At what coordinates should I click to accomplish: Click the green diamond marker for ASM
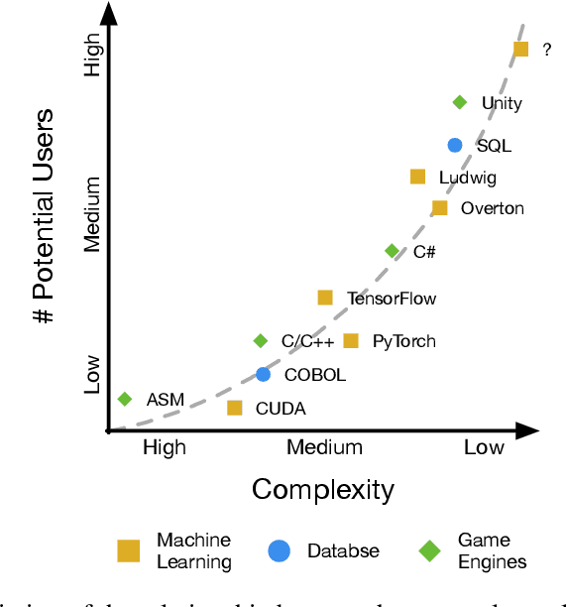(x=125, y=399)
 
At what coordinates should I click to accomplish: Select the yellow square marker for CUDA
(x=235, y=408)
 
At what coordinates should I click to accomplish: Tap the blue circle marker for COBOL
(x=263, y=374)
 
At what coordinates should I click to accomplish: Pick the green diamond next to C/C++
(x=261, y=341)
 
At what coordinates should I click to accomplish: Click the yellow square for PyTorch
(x=351, y=341)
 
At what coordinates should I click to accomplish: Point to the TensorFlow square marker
(x=325, y=298)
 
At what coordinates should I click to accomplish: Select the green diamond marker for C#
(x=393, y=251)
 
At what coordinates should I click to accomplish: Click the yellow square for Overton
(x=440, y=208)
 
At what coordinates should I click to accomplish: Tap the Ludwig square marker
(x=418, y=177)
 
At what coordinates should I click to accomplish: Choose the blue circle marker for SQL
(x=455, y=145)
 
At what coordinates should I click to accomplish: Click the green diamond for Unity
(x=460, y=102)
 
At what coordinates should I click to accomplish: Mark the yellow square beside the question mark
(x=520, y=49)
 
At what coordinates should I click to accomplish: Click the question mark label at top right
(x=546, y=50)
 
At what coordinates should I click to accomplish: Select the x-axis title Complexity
(x=323, y=489)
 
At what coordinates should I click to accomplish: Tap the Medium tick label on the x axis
(x=324, y=447)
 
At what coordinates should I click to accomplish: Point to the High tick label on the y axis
(x=92, y=57)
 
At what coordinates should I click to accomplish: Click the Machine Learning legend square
(x=129, y=550)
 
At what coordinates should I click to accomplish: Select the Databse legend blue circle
(x=281, y=550)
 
